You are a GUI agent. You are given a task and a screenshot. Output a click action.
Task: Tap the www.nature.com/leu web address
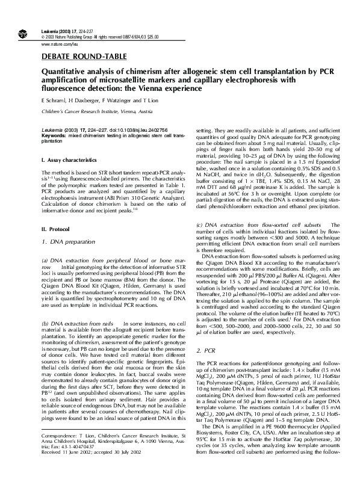tap(60, 45)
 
